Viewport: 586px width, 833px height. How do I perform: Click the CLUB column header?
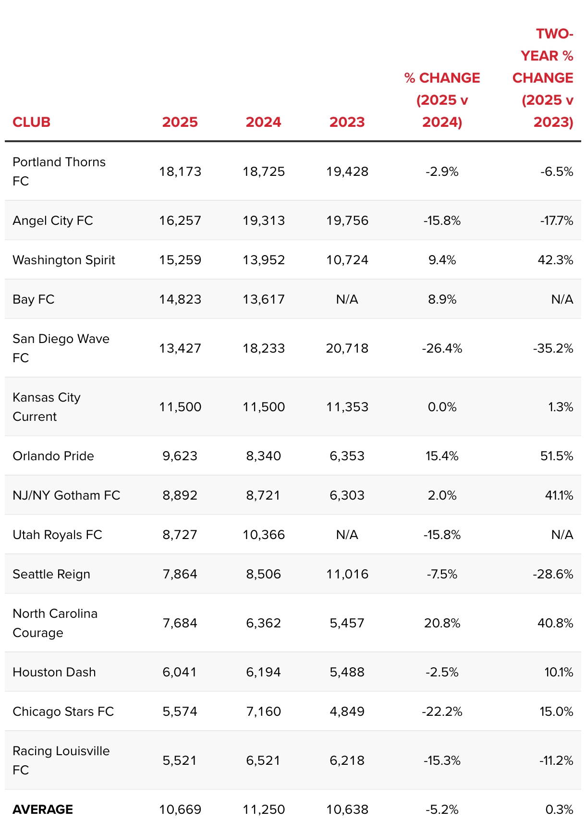(x=31, y=122)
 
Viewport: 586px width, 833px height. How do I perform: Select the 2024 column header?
(x=263, y=122)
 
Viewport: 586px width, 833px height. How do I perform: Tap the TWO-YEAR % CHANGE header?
(x=543, y=78)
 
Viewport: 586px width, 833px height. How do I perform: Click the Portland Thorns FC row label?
(x=59, y=171)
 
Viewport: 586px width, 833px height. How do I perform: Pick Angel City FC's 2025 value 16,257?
(x=180, y=220)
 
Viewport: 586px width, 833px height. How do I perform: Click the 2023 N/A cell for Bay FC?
(x=347, y=299)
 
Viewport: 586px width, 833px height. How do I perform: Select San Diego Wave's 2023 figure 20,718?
(x=347, y=348)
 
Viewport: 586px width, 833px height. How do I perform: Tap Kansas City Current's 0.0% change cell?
(x=442, y=407)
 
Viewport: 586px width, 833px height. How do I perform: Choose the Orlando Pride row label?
(x=53, y=456)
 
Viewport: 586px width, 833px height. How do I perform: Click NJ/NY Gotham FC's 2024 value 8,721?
(x=263, y=495)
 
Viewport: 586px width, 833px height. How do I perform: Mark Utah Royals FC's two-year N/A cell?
(x=562, y=535)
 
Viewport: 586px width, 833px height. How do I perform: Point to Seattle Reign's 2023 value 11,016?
(x=347, y=574)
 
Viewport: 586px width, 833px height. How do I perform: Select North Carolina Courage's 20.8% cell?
(x=442, y=623)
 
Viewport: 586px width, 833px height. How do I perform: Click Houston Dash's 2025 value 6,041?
(x=180, y=672)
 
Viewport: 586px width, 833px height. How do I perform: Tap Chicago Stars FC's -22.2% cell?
(x=442, y=711)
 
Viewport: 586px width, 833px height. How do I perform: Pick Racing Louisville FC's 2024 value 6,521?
(x=263, y=760)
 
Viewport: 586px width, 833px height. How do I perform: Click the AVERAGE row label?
(x=43, y=809)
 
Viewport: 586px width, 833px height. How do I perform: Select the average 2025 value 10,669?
(x=180, y=809)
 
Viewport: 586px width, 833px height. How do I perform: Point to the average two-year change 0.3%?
(x=559, y=809)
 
